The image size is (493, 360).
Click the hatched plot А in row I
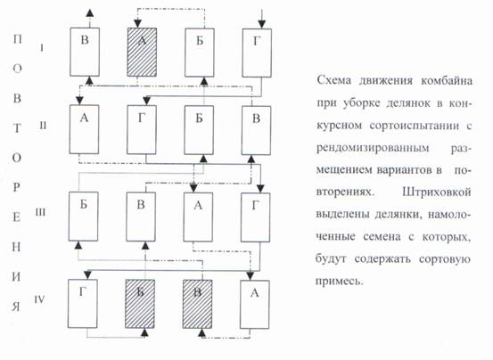(142, 53)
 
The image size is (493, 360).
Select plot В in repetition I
(85, 52)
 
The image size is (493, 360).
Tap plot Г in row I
(257, 53)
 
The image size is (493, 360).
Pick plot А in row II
(84, 129)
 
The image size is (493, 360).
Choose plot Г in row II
(142, 130)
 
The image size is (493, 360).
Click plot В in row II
(256, 130)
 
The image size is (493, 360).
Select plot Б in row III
(83, 217)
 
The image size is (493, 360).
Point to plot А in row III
(198, 217)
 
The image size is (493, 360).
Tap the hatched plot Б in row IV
(140, 304)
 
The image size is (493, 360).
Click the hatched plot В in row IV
(197, 304)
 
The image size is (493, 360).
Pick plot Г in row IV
(83, 304)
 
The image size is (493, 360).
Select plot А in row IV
(255, 305)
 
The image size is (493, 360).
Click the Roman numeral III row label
(40, 212)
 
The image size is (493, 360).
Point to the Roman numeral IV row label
(40, 299)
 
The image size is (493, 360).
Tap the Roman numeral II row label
(43, 126)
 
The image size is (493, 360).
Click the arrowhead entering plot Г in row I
(261, 24)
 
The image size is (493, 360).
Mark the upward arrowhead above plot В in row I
(90, 12)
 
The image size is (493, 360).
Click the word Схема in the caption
(334, 80)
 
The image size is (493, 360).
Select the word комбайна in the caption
(447, 81)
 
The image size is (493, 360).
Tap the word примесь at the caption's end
(340, 281)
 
